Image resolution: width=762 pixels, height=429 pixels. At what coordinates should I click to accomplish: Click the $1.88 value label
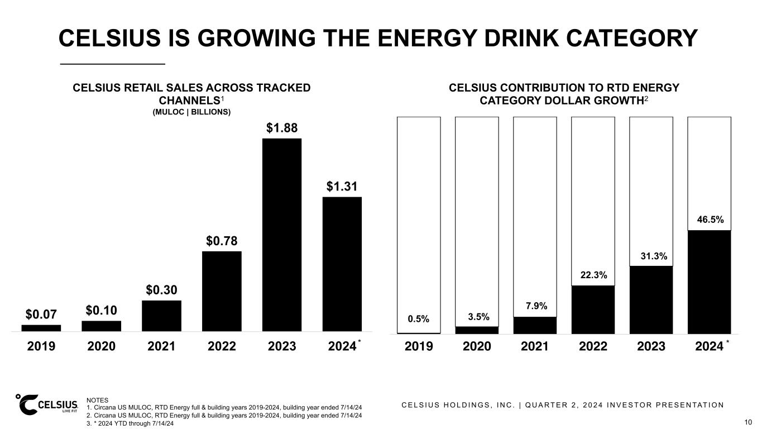click(x=282, y=128)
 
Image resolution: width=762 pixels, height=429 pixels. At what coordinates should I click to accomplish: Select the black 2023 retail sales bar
click(x=282, y=235)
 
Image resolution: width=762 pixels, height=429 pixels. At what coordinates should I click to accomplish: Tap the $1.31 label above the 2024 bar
click(x=342, y=187)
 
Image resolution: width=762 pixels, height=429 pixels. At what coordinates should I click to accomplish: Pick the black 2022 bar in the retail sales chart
click(x=222, y=291)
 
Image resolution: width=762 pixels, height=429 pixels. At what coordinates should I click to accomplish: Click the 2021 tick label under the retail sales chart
click(x=161, y=346)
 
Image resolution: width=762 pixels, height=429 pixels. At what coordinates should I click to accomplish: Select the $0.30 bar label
click(x=161, y=290)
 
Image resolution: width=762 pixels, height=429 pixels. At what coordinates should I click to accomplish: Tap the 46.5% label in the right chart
click(x=709, y=220)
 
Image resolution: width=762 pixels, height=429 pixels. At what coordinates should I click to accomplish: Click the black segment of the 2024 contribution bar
click(x=709, y=282)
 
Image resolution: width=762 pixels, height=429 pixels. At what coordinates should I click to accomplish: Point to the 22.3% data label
click(x=593, y=275)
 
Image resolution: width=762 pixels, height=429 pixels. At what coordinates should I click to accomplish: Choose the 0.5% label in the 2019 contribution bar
click(x=419, y=319)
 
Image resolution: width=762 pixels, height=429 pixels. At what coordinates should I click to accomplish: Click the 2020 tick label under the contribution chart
click(x=477, y=346)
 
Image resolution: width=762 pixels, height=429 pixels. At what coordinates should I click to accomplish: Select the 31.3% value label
click(x=651, y=256)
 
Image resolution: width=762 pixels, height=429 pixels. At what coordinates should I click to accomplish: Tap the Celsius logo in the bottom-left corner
click(x=47, y=405)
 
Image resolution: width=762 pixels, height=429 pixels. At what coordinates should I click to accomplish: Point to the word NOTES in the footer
click(x=98, y=400)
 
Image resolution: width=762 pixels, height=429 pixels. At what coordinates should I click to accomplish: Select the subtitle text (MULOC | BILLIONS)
click(x=191, y=112)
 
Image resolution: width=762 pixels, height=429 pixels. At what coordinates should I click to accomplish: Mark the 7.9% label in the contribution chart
click(x=535, y=306)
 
